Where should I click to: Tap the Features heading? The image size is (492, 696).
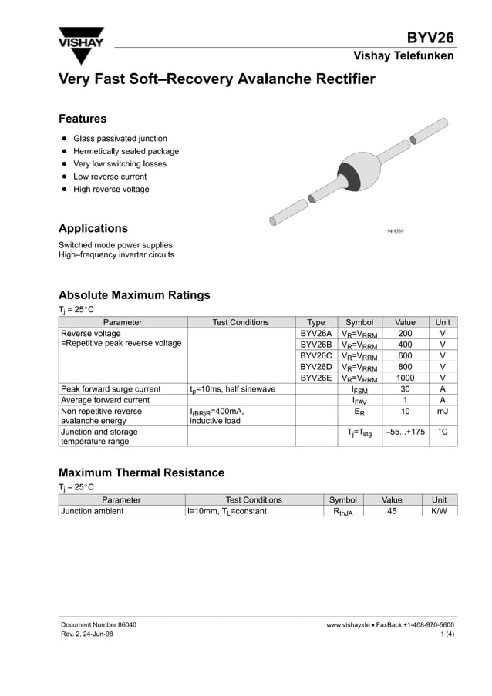click(x=83, y=119)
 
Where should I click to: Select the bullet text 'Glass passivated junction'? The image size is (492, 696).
click(x=120, y=139)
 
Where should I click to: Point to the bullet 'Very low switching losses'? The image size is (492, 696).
click(x=120, y=164)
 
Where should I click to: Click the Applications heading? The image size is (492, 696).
click(x=93, y=228)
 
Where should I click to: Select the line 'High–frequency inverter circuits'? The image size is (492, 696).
click(x=116, y=255)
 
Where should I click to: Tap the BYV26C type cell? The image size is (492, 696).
click(x=315, y=355)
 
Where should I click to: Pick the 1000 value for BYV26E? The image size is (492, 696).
click(x=405, y=378)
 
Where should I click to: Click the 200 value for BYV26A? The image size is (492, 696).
click(x=405, y=334)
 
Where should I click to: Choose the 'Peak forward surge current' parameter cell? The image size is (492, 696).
click(x=111, y=389)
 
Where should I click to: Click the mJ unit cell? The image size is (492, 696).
click(x=442, y=412)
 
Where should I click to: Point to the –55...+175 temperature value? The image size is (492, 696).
click(x=405, y=432)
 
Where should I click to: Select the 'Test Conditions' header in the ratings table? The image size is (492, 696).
click(x=241, y=322)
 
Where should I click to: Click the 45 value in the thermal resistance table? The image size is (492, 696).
click(x=392, y=510)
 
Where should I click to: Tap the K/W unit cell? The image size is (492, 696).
click(x=440, y=510)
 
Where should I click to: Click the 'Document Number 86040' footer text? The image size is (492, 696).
click(x=99, y=624)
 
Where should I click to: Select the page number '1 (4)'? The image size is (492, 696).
click(x=447, y=634)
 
